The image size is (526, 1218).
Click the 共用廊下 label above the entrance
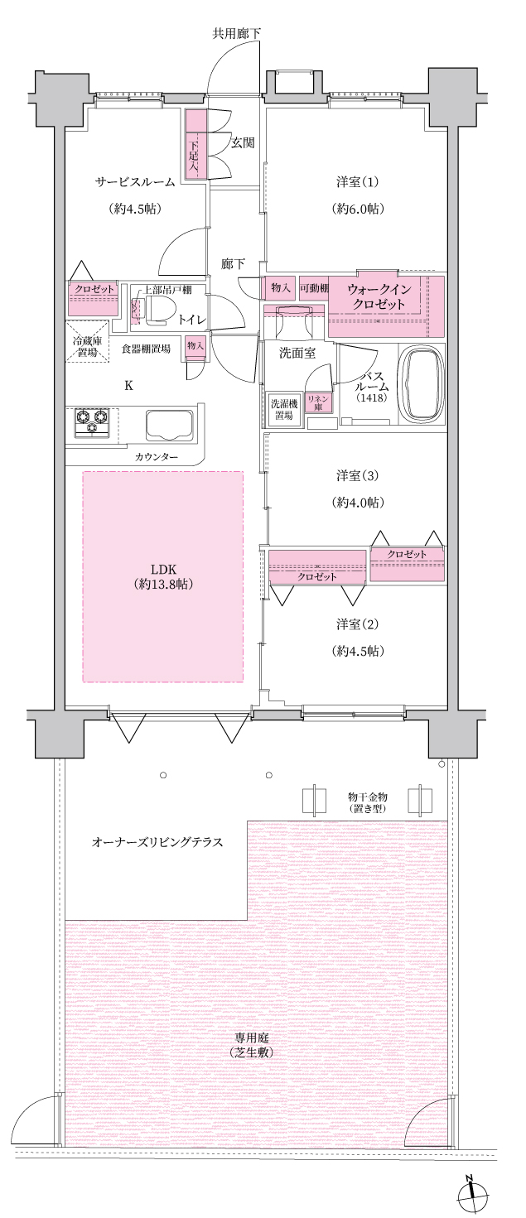pyautogui.click(x=236, y=34)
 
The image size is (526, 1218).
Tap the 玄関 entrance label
pyautogui.click(x=243, y=143)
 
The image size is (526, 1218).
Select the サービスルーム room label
pyautogui.click(x=136, y=181)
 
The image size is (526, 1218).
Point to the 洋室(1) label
pyautogui.click(x=357, y=181)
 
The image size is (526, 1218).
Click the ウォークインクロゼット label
pyautogui.click(x=379, y=296)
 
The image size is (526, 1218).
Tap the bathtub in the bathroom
pyautogui.click(x=422, y=384)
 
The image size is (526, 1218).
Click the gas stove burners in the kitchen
pyautogui.click(x=92, y=421)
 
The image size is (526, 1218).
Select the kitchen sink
pyautogui.click(x=170, y=426)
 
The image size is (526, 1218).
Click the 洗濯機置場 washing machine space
pyautogui.click(x=284, y=409)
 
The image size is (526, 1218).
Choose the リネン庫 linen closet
pyautogui.click(x=318, y=403)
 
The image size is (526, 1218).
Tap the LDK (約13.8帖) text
pyautogui.click(x=163, y=576)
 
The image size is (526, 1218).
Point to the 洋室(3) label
pyautogui.click(x=357, y=476)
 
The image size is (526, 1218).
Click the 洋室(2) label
pyautogui.click(x=357, y=624)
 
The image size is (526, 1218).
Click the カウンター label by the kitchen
pyautogui.click(x=156, y=457)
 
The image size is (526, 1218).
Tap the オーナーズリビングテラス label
pyautogui.click(x=157, y=842)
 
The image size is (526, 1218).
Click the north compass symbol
pyautogui.click(x=471, y=1196)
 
